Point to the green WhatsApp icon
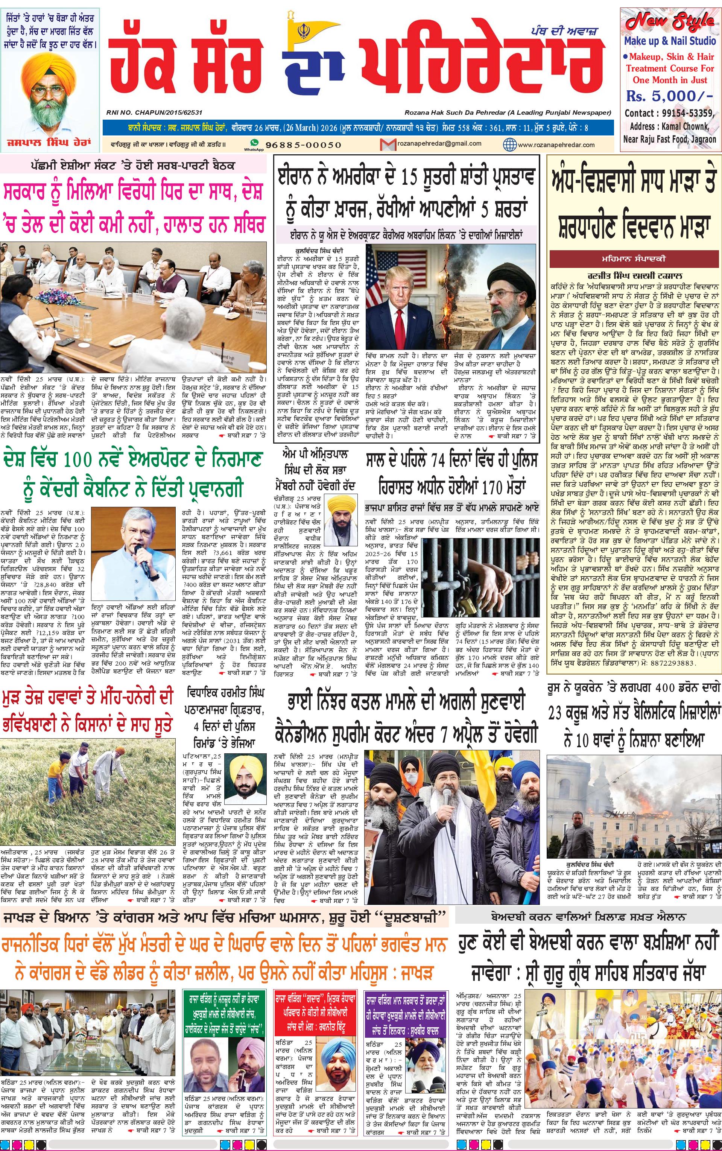254,143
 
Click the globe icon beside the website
509,144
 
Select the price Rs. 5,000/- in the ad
669,96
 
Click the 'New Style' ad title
669,21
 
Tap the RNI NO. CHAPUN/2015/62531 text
154,113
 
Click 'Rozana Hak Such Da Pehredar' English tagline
508,113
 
